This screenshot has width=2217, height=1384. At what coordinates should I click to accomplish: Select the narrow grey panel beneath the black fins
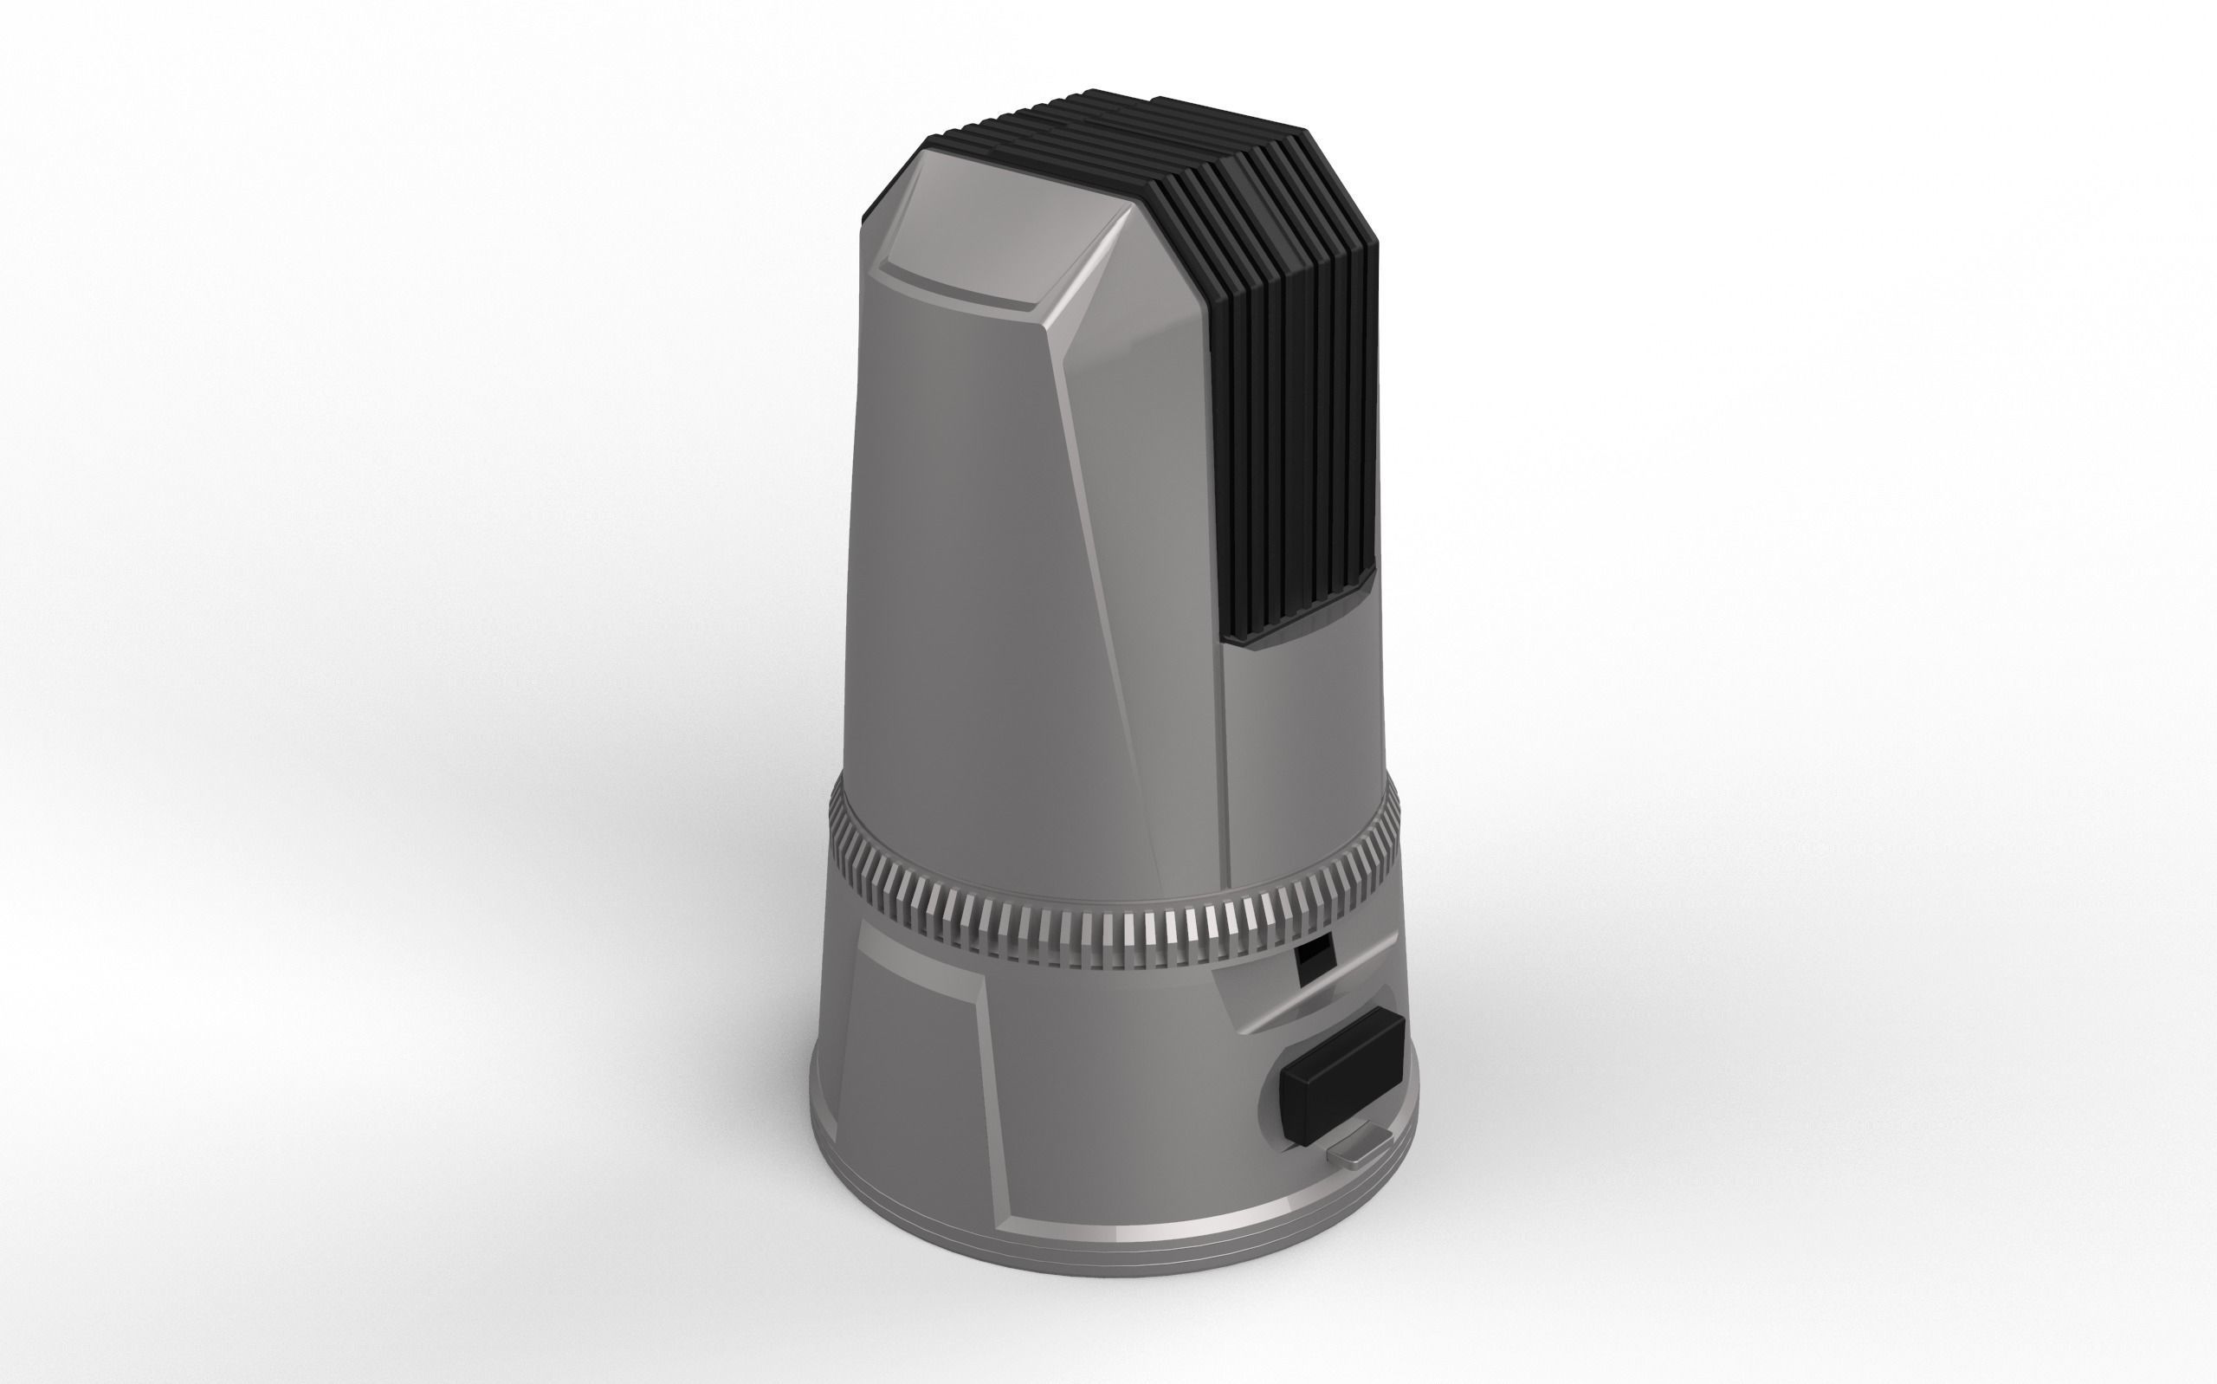coord(1299,760)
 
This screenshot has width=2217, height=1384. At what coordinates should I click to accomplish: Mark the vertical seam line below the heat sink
coord(1226,778)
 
